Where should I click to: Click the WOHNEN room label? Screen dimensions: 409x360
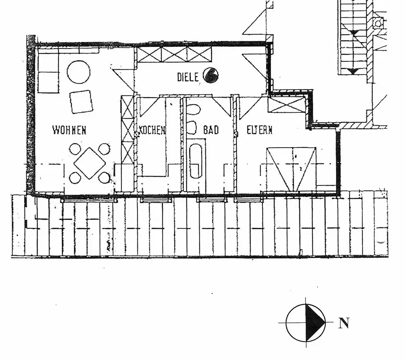click(69, 130)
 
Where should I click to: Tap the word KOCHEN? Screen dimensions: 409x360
click(152, 130)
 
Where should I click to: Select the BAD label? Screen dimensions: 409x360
click(211, 130)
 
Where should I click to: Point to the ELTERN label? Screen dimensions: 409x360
click(259, 130)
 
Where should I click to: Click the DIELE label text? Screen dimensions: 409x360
click(188, 76)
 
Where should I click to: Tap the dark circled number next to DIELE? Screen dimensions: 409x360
click(211, 75)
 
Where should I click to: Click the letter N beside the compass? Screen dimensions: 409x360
click(344, 324)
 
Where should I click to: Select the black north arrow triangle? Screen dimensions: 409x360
click(315, 322)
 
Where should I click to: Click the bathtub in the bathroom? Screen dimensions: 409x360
click(196, 161)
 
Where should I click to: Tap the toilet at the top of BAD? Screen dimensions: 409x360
click(193, 110)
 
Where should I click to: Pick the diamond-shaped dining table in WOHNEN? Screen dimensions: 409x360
click(90, 163)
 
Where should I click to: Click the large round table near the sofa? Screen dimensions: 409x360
click(79, 72)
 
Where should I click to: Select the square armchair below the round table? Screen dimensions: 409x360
click(81, 101)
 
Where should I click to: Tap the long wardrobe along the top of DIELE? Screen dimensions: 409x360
click(175, 55)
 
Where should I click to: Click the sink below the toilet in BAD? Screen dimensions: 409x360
click(192, 127)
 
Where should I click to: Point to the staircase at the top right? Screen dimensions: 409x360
click(354, 37)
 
